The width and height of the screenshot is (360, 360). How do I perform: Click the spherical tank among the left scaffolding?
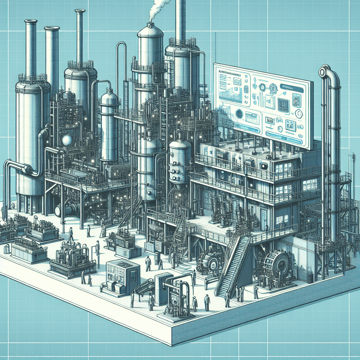point(67,140)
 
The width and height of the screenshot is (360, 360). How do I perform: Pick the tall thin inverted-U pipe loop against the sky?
point(122,63)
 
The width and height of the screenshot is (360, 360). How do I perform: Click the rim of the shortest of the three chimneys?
point(52,28)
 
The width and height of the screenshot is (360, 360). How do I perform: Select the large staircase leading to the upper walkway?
point(232,267)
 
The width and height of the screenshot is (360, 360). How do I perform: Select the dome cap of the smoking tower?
point(150,30)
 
